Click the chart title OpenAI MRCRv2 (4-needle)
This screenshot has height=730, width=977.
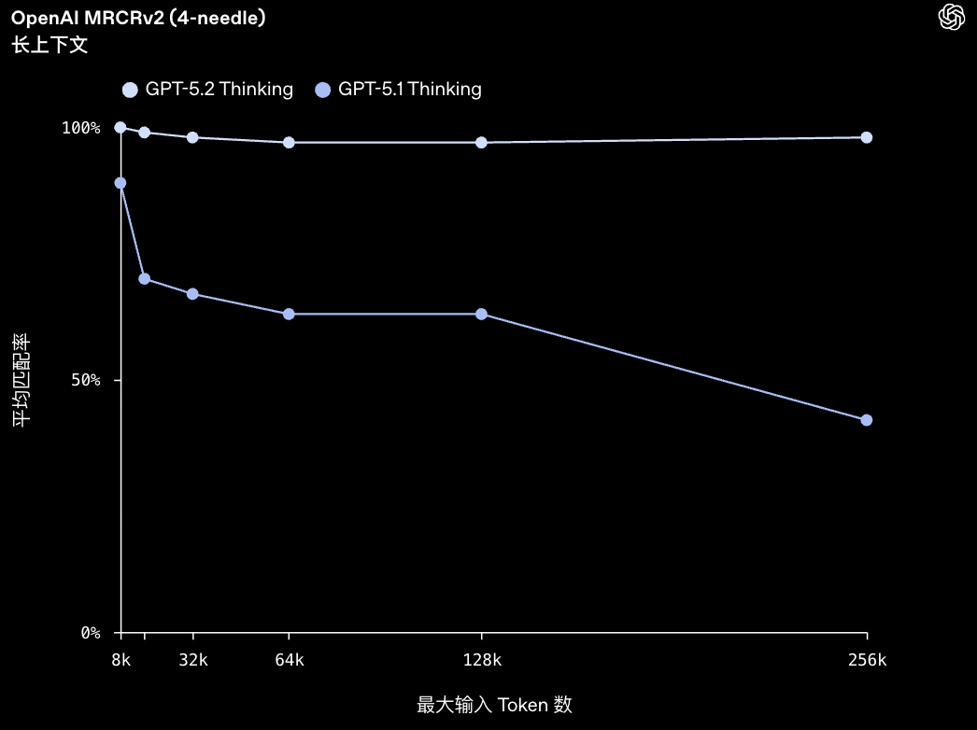[138, 19]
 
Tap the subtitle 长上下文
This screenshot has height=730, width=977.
[50, 45]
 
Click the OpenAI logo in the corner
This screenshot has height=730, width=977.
[951, 17]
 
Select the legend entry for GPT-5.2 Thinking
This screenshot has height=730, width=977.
[207, 90]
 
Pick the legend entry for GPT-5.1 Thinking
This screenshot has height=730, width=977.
[399, 90]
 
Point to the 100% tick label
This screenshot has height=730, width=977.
[81, 128]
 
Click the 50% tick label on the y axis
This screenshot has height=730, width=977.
[85, 380]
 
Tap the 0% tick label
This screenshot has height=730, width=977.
[90, 633]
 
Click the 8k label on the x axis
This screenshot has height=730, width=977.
[120, 660]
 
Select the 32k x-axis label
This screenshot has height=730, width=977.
[192, 660]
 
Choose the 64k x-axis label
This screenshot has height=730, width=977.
[289, 660]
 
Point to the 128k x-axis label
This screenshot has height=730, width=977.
[481, 660]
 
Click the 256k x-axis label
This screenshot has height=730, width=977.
[866, 660]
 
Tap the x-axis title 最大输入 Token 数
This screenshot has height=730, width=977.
[494, 705]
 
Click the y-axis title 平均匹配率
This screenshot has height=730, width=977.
[21, 380]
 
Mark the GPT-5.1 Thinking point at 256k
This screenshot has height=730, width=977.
[866, 420]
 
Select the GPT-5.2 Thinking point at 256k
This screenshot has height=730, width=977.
[866, 137]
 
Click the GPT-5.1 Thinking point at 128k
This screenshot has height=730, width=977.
[481, 314]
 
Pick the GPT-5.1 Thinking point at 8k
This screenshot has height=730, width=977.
[120, 183]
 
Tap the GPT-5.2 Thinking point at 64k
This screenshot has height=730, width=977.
[289, 143]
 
